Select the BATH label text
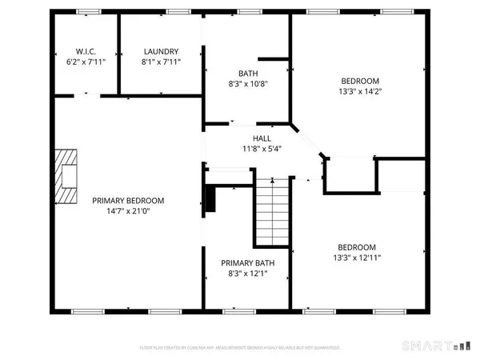coord(244,73)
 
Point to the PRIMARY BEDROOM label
coord(128,201)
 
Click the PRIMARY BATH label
coord(244,263)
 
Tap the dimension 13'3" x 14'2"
coord(360,91)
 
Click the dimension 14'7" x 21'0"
coord(128,211)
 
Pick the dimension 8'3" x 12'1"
coord(244,274)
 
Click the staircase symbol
coord(270,211)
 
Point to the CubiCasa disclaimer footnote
coord(240,348)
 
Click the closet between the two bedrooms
coord(350,174)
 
